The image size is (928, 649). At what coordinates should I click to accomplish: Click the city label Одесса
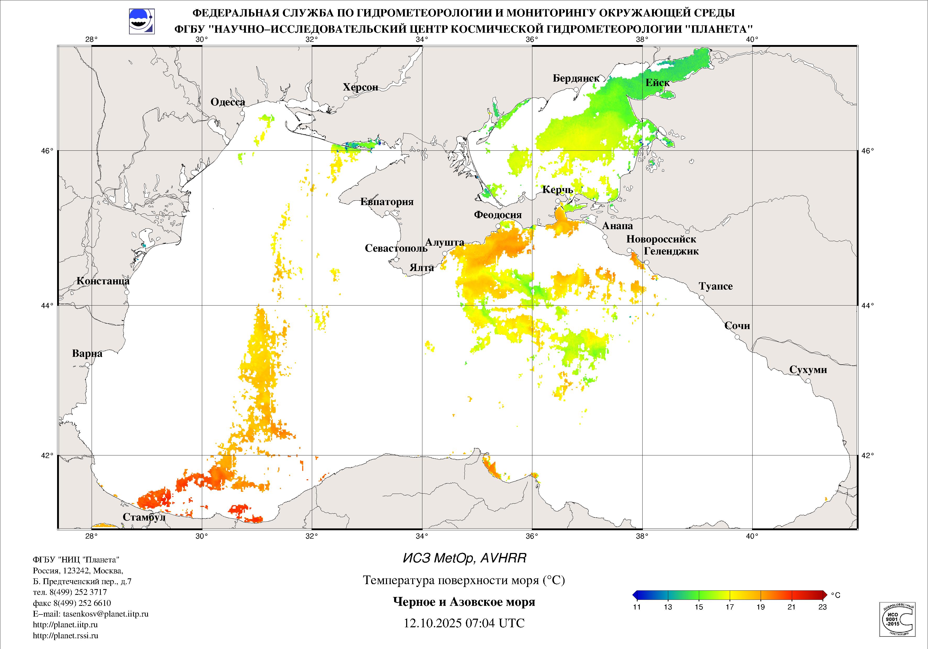click(x=228, y=102)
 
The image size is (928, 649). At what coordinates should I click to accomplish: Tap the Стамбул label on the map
click(x=144, y=517)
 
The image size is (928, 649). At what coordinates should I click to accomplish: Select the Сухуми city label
click(x=808, y=370)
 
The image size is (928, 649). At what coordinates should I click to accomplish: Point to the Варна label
click(x=87, y=354)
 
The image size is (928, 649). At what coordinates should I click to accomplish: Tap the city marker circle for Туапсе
click(x=702, y=298)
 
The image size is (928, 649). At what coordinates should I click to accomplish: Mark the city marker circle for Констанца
click(x=126, y=292)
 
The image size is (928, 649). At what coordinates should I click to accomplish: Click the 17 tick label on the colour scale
click(x=730, y=607)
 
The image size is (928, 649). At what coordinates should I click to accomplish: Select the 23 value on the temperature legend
click(x=822, y=607)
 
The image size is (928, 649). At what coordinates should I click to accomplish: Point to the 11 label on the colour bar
click(x=637, y=607)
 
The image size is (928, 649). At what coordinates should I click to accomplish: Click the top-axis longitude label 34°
click(x=422, y=39)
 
